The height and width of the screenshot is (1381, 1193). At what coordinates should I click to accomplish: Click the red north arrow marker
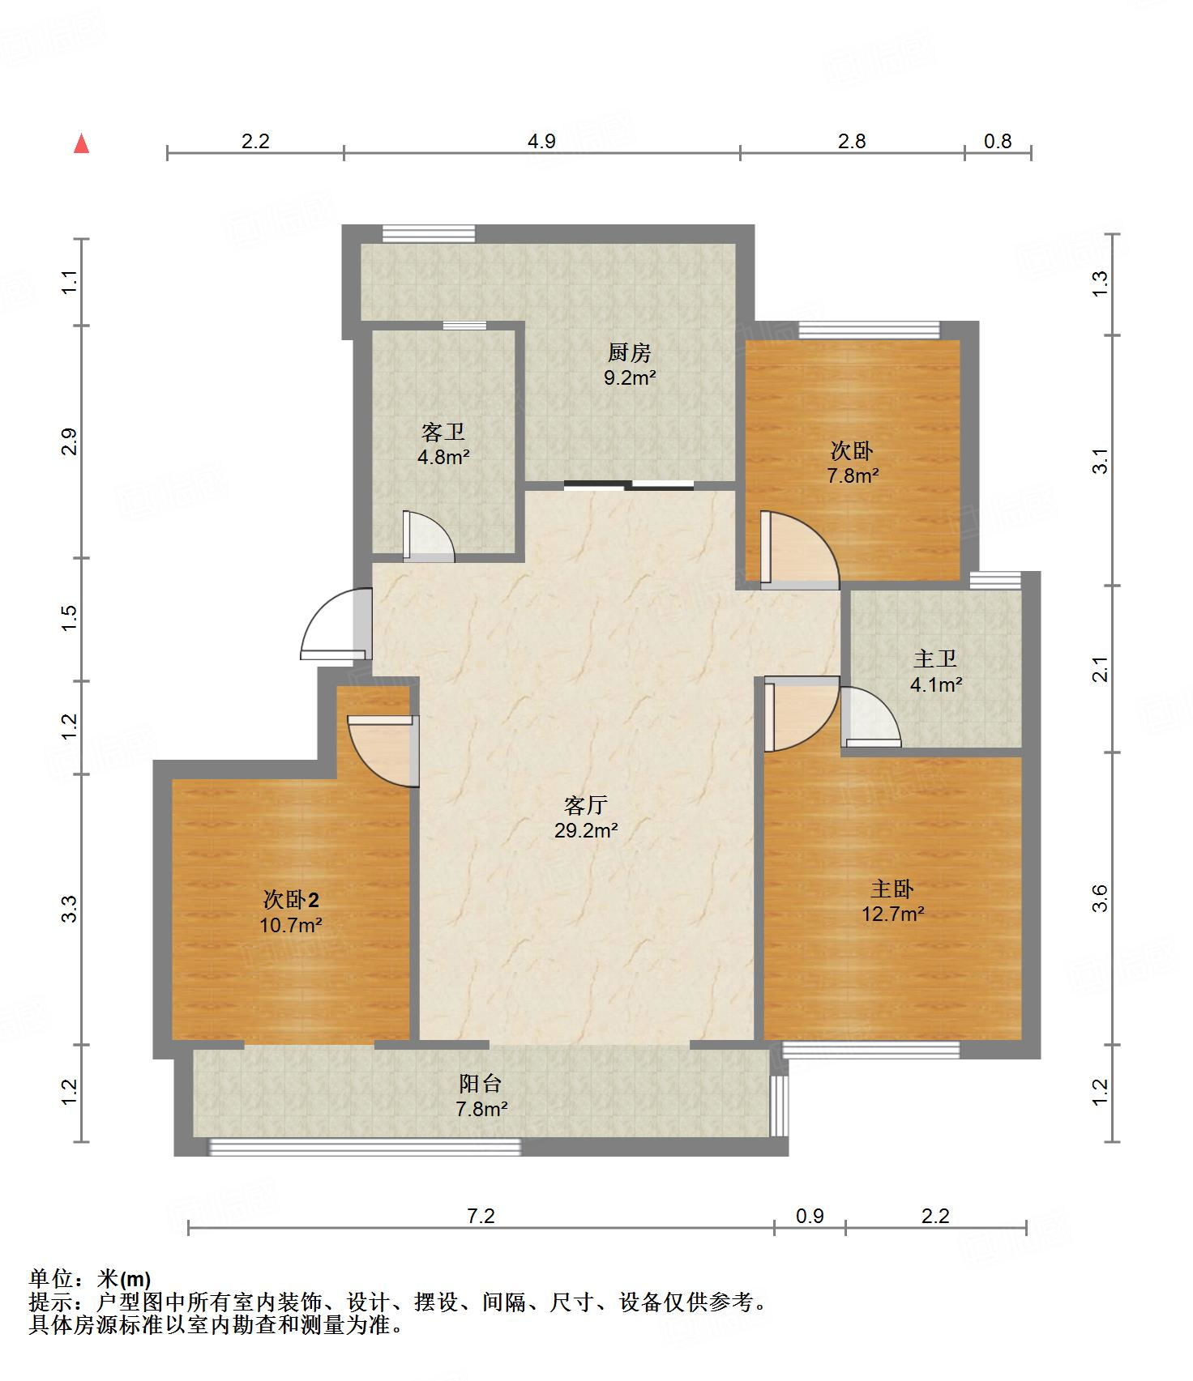pos(81,144)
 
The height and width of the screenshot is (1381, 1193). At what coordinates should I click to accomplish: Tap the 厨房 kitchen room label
pos(629,353)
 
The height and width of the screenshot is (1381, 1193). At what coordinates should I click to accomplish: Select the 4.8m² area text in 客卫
pos(443,457)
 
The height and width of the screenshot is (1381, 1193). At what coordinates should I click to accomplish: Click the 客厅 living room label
pos(586,805)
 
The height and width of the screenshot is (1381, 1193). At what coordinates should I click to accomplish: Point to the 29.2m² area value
pos(586,830)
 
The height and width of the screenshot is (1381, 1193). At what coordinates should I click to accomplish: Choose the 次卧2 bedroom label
pos(291,899)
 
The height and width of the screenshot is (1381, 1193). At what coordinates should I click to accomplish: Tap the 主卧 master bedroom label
pos(892,889)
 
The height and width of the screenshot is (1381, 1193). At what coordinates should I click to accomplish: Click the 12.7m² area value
pos(893,914)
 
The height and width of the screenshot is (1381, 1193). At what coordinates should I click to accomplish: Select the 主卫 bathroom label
pos(935,659)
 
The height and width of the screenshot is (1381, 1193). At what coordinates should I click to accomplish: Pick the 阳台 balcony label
pos(481,1083)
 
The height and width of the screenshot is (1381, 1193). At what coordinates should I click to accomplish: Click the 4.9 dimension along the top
pos(541,141)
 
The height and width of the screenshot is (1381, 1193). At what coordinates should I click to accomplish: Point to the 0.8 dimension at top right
pos(998,141)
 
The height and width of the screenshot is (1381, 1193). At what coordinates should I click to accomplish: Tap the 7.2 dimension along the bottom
pos(481,1216)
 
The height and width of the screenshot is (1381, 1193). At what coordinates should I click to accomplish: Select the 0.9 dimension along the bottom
pos(810,1216)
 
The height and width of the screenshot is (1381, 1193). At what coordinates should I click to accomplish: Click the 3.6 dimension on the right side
pos(1099,898)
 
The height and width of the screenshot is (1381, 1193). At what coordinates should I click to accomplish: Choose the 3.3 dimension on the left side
pos(70,909)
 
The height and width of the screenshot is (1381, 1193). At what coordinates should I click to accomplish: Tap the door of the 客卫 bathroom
pos(428,535)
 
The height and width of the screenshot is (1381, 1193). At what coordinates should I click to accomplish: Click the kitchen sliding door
pos(629,486)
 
